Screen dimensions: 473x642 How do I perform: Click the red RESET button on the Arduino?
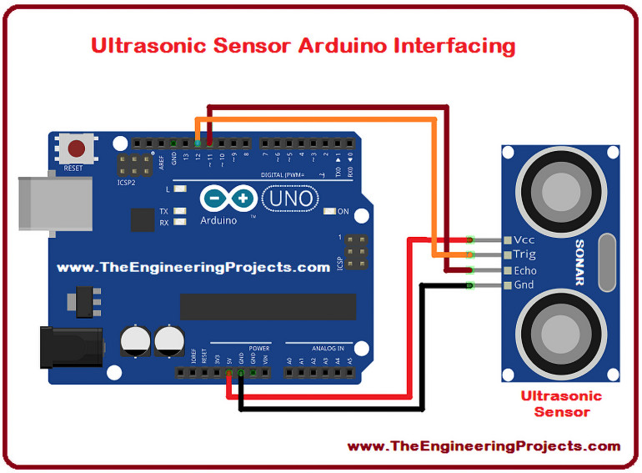tap(77, 149)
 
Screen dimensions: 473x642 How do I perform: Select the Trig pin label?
tap(525, 254)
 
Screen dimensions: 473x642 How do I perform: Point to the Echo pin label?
tap(525, 270)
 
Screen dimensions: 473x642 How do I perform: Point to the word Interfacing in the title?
tap(450, 44)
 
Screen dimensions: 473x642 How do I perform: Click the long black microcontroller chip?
tap(268, 306)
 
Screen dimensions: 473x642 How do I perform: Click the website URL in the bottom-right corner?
tap(484, 446)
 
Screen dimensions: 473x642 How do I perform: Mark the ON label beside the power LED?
tap(343, 211)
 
